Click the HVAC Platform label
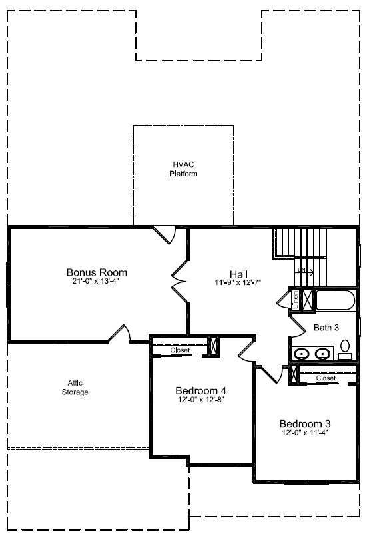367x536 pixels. coord(183,169)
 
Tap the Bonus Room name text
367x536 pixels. coord(97,272)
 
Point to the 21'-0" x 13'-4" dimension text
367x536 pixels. coord(97,281)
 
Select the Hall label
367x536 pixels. coord(238,274)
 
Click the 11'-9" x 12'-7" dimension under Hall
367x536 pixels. coord(238,282)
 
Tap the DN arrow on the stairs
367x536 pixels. coord(305,270)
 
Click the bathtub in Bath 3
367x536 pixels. coord(336,300)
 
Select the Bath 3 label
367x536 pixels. coord(327,327)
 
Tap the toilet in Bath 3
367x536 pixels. coord(345,348)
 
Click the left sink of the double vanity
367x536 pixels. coord(302,354)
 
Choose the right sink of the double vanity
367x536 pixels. coord(323,354)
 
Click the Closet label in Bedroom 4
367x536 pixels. coord(180,350)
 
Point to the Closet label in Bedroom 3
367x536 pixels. coord(326,378)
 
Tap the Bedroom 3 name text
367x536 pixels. coord(305,423)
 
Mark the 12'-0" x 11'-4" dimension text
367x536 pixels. coord(305,433)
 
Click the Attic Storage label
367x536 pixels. coord(75,388)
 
